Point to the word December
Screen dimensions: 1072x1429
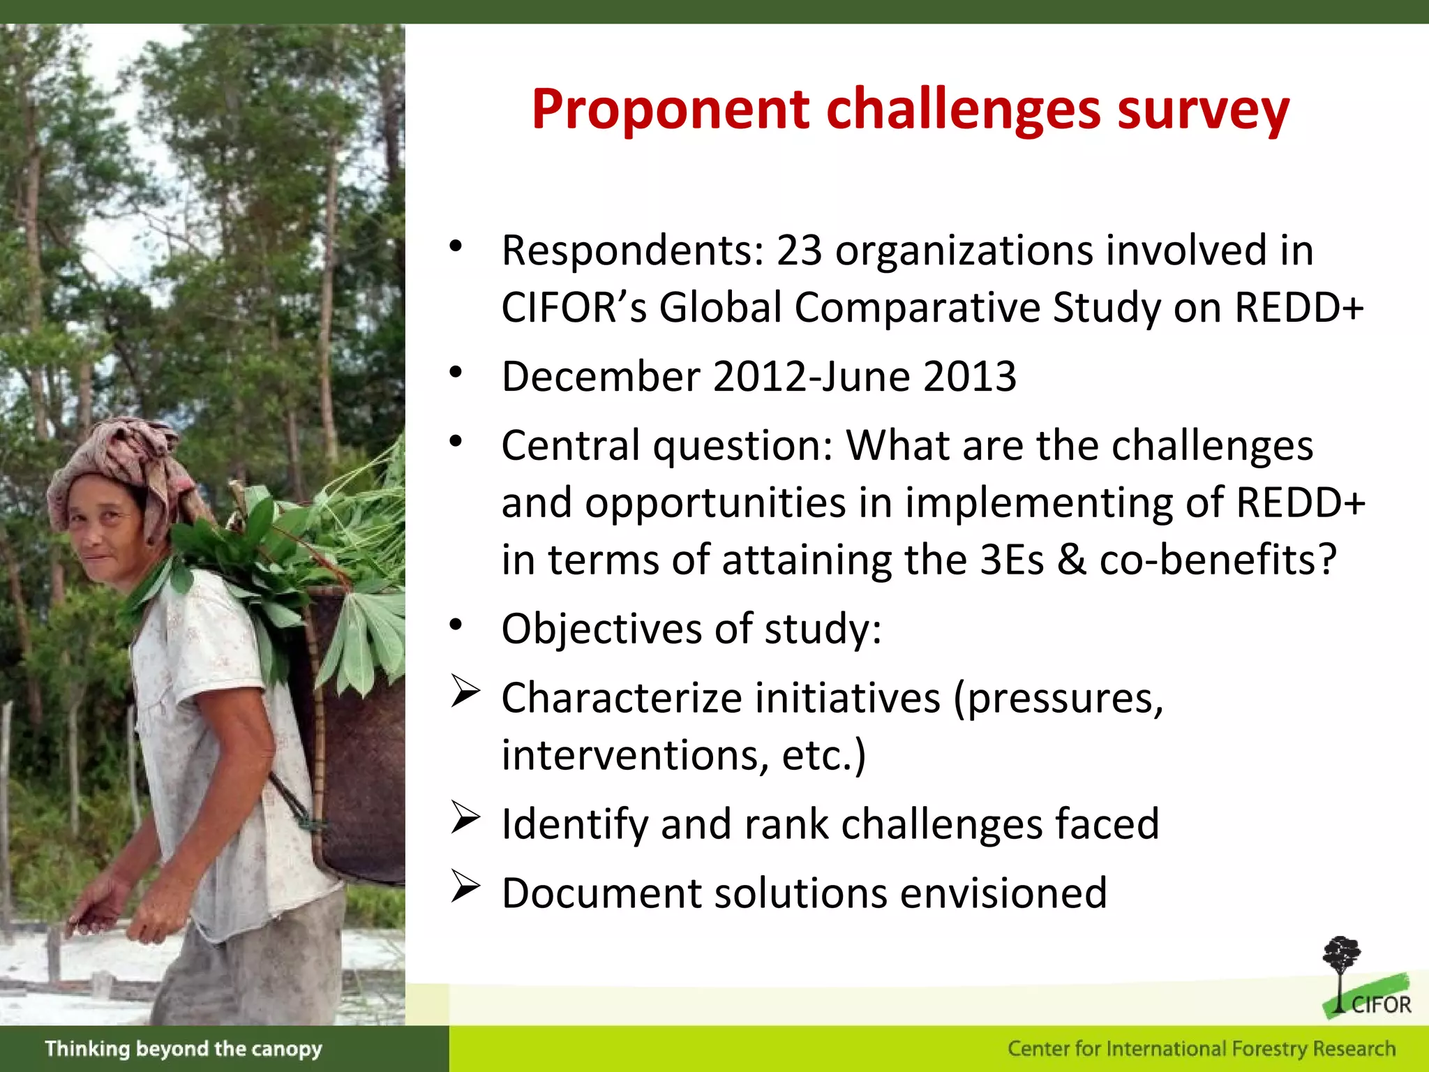[601, 377]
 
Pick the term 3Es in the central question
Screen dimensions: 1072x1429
[1011, 560]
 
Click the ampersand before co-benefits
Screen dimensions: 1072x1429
[1071, 560]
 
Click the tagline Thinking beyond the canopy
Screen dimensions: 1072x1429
[184, 1049]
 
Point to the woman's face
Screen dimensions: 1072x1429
[105, 530]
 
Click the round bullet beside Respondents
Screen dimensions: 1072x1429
[456, 246]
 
